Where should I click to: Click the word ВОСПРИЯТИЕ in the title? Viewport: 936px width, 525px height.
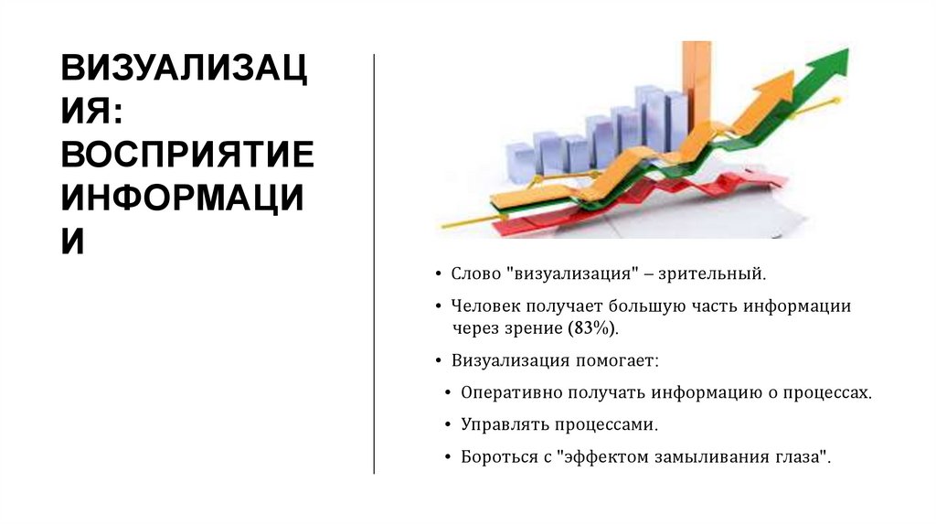(x=186, y=156)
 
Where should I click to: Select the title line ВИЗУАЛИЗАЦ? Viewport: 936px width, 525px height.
(x=183, y=70)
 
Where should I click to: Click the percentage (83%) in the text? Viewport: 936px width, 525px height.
(x=593, y=328)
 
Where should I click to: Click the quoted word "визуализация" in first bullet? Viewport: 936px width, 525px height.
(x=574, y=273)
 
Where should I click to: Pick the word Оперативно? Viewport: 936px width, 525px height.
(x=506, y=392)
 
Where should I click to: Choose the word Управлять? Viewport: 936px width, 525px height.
(x=500, y=424)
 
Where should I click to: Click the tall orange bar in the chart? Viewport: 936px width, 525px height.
(x=697, y=82)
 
